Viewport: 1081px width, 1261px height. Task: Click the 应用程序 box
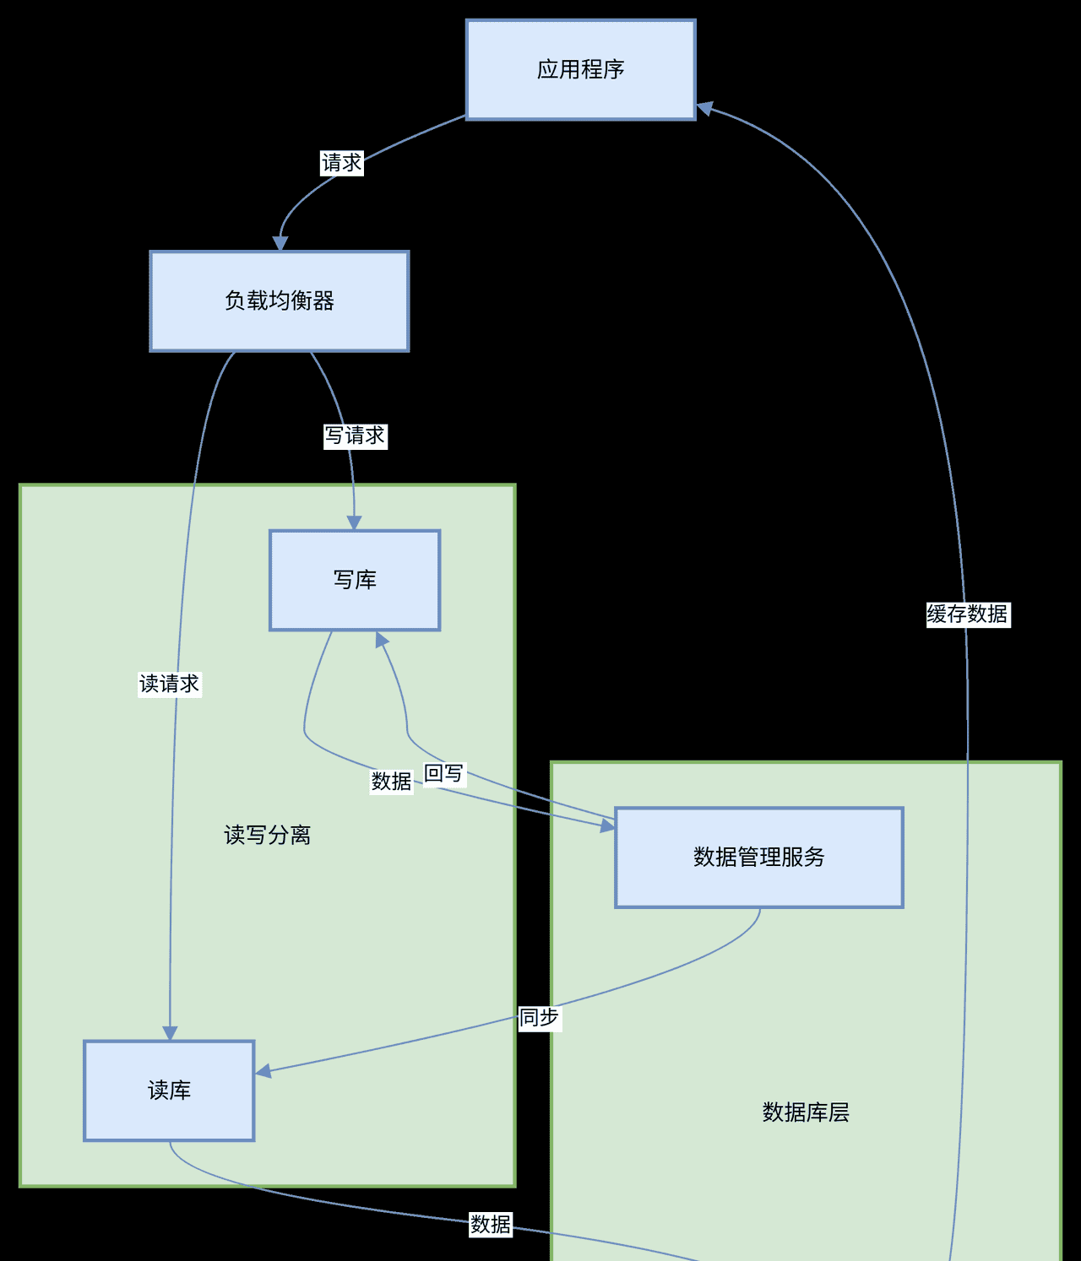580,69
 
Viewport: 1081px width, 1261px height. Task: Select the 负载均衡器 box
279,300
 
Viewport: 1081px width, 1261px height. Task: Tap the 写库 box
355,580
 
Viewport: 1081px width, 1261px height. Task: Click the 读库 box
169,1091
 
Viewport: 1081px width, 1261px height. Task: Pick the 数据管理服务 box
758,858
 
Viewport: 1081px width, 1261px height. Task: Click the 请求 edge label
342,163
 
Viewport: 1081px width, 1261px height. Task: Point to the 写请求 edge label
356,436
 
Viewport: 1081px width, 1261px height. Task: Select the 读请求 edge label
170,684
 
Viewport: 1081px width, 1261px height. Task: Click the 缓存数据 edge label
968,614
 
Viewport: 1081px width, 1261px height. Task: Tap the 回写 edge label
444,773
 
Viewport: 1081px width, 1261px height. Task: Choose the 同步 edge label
539,1018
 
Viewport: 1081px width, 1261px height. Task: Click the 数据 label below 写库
392,782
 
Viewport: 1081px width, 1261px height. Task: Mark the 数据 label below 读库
491,1225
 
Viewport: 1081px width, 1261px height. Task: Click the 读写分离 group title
267,836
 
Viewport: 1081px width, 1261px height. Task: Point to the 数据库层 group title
806,1112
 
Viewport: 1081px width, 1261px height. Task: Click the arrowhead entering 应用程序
705,108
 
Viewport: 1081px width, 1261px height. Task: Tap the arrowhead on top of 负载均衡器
280,243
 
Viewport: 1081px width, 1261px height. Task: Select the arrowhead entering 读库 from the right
263,1071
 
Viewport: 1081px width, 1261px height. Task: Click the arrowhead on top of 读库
170,1033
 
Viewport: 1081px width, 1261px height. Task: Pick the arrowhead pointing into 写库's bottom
382,641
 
